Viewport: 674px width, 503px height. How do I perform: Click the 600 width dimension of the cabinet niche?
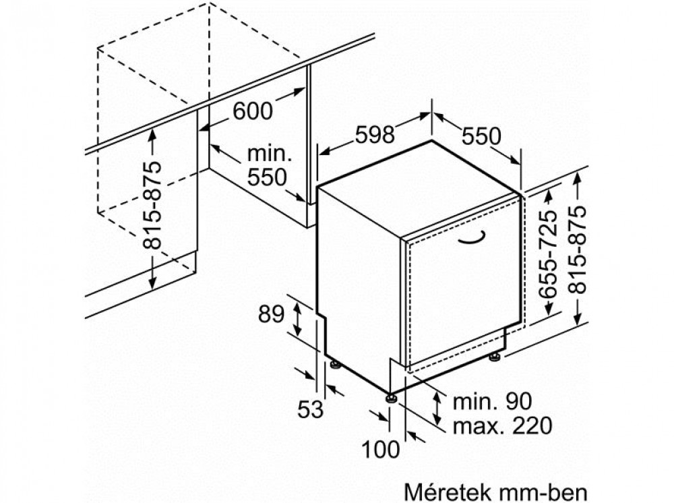coord(253,111)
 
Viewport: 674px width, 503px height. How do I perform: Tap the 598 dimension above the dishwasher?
coord(375,135)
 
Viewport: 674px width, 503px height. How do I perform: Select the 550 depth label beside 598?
coord(481,136)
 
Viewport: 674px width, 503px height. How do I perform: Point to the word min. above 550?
coord(270,154)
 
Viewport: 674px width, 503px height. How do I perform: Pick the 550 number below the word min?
coord(268,177)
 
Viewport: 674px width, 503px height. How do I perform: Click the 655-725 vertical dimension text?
coord(548,254)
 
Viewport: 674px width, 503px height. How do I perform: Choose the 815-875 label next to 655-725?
coord(577,249)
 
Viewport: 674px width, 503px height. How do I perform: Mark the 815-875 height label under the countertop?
coord(152,206)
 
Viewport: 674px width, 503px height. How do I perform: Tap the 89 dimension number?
coord(271,314)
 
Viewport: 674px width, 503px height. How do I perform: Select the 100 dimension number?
coord(380,450)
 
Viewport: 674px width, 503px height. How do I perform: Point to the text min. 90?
coord(492,401)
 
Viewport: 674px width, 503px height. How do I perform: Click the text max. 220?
coord(503,425)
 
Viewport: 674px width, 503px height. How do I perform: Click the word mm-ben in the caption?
coord(543,492)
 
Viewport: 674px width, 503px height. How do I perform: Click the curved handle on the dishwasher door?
coord(472,239)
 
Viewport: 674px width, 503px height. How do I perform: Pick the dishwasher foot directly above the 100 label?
coord(391,397)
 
